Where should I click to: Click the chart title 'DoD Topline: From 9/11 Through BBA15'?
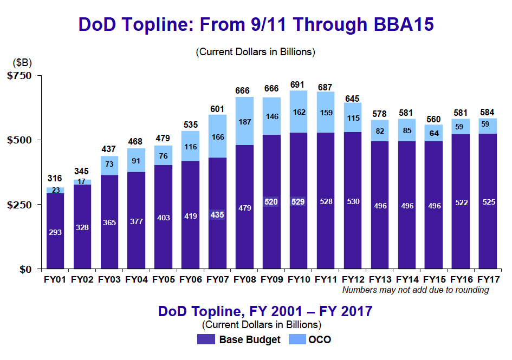point(256,24)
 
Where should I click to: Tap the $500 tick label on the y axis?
point(22,140)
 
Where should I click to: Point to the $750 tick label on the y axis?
point(22,75)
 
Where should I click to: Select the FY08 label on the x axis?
point(244,280)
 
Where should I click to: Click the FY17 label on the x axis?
point(487,280)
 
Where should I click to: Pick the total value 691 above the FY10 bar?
point(298,84)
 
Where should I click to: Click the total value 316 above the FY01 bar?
point(55,178)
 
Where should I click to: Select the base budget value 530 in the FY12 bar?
point(352,201)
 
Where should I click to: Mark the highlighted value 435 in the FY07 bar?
point(217,214)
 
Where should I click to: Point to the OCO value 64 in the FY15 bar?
point(433,133)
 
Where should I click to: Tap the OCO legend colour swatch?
point(297,340)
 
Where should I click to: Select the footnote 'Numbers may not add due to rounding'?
point(416,290)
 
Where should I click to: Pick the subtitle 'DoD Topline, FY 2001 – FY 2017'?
point(265,311)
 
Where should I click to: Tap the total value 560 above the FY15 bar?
point(433,119)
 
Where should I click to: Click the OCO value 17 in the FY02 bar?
point(82,182)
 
